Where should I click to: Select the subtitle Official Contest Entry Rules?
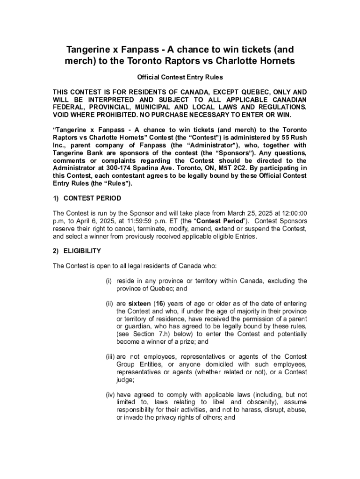[180, 77]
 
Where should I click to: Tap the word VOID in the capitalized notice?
[62, 115]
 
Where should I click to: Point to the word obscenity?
[264, 402]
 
